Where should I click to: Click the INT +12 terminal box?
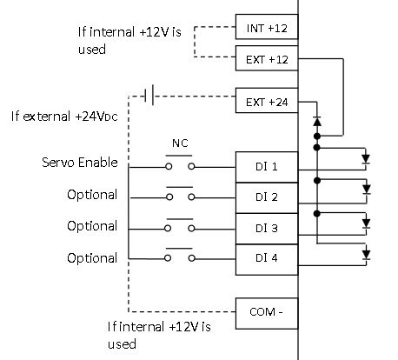(x=267, y=27)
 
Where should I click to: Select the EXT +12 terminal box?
(x=267, y=58)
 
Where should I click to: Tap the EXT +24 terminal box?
(x=267, y=100)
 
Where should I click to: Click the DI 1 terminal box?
(x=267, y=167)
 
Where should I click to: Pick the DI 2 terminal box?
(x=267, y=198)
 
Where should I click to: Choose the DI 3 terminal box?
(x=267, y=229)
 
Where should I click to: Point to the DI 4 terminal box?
(x=267, y=260)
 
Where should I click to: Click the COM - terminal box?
(x=267, y=313)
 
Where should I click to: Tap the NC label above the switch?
(x=180, y=143)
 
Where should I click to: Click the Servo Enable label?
(x=80, y=163)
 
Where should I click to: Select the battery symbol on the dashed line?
(x=149, y=95)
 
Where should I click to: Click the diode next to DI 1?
(x=366, y=159)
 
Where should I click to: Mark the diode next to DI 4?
(x=367, y=255)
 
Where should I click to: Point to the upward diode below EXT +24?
(x=317, y=122)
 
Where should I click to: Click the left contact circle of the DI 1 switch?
(x=169, y=167)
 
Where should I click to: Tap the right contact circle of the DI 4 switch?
(x=191, y=258)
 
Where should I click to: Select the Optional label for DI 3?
(x=92, y=226)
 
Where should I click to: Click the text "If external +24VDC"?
(x=64, y=117)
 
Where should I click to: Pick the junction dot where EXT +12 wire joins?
(x=317, y=136)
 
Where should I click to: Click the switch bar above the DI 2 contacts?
(x=180, y=187)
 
